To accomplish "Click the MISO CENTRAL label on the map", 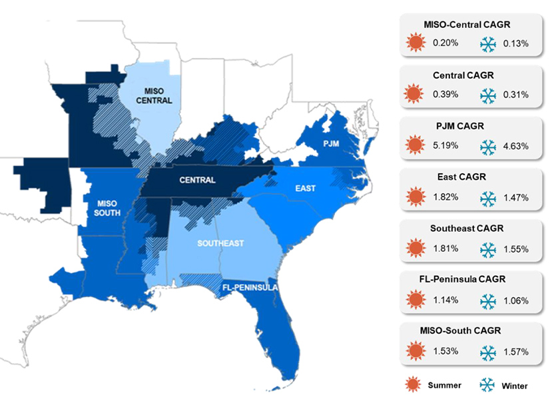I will [x=158, y=95].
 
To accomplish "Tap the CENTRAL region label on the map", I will [x=197, y=180].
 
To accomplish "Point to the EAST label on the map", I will [x=306, y=189].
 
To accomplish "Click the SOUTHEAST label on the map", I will [x=220, y=243].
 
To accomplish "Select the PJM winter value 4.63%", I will [x=515, y=145].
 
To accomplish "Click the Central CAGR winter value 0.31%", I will [x=515, y=95].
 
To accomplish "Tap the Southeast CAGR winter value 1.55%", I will [x=515, y=249].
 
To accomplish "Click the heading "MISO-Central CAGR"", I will [x=466, y=25].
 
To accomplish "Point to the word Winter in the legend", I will [x=515, y=386].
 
